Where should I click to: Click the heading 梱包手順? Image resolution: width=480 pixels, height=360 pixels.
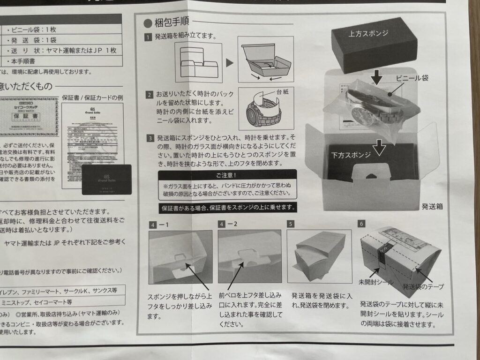tap(170, 22)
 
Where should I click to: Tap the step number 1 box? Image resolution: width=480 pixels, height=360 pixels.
tap(148, 37)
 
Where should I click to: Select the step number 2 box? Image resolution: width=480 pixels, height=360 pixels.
tap(148, 95)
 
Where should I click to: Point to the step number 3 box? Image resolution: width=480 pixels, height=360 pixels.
tap(148, 138)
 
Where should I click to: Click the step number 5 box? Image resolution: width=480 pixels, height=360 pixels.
tap(291, 224)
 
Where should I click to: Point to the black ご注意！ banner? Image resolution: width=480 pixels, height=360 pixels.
tap(227, 175)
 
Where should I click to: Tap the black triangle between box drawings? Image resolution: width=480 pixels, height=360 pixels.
tap(229, 62)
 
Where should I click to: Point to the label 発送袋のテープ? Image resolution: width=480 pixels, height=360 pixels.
tap(423, 285)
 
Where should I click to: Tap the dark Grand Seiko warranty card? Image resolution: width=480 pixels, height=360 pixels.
tap(105, 179)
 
